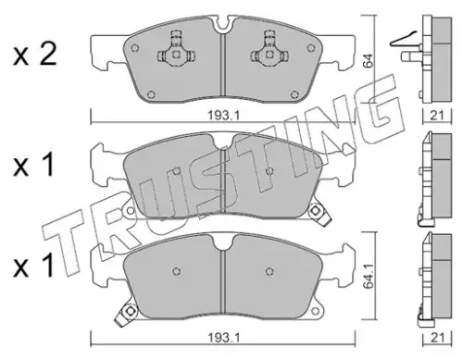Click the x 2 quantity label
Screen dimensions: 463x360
coord(34,55)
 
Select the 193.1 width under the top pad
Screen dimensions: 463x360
coord(223,116)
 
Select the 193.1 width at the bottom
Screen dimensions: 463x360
coord(223,338)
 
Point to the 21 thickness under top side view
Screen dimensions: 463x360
coord(436,116)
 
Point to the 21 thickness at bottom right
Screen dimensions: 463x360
coord(436,338)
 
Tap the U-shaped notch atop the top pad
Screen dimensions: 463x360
coord(224,26)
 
